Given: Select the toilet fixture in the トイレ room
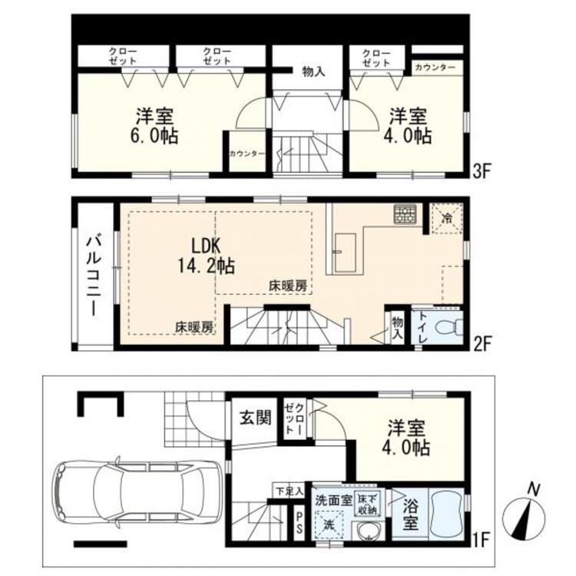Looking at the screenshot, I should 445,327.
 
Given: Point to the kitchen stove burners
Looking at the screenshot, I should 404,215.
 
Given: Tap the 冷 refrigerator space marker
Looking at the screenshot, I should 447,217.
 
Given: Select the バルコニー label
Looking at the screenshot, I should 91,276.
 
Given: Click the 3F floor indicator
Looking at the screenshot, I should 482,171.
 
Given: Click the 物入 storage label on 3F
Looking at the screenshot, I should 313,71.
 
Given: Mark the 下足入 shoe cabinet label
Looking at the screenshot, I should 290,489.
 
